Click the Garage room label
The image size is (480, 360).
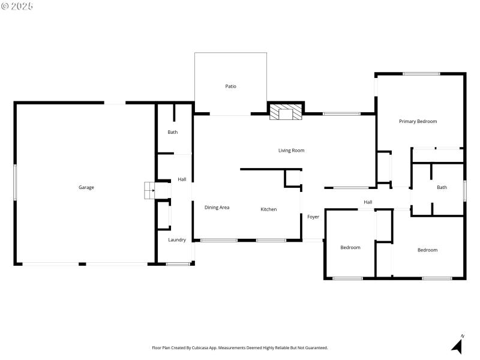click(x=86, y=187)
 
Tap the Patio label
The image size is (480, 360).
click(x=230, y=86)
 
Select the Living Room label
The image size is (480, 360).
click(x=291, y=151)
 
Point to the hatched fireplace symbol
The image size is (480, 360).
click(x=284, y=112)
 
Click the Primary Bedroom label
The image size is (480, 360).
click(x=418, y=121)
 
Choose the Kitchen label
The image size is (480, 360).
click(x=268, y=209)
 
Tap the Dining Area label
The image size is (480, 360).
click(x=217, y=208)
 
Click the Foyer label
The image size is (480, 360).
click(x=313, y=217)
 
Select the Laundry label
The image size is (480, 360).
click(x=177, y=240)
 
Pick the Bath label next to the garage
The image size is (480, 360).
click(x=173, y=132)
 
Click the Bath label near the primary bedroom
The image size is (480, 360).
click(x=442, y=187)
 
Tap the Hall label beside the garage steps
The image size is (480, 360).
click(x=182, y=179)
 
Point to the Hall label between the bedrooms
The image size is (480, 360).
click(x=368, y=202)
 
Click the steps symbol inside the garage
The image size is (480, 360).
click(x=148, y=190)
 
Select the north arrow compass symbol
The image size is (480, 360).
click(x=458, y=345)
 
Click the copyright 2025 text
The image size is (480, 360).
click(x=17, y=6)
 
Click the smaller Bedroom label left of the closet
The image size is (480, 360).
click(x=350, y=247)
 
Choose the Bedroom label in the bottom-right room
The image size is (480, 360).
click(x=427, y=250)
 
